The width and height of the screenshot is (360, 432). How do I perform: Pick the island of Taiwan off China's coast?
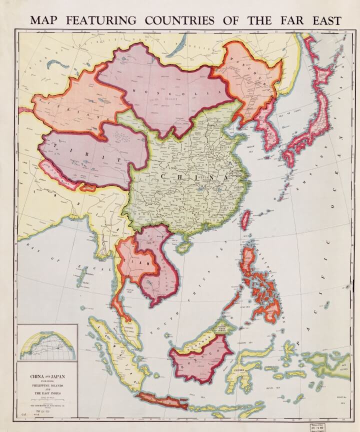[x=246, y=218]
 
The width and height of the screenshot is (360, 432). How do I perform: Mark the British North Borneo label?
[x=222, y=328]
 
